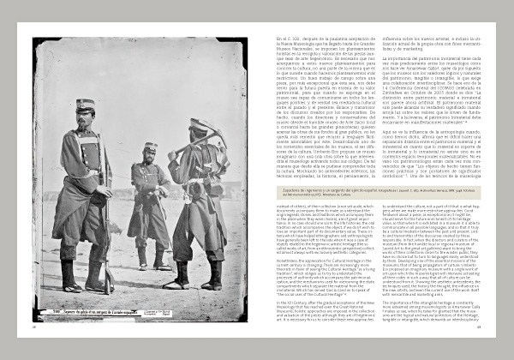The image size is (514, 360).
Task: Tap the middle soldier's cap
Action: tap(151, 147)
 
